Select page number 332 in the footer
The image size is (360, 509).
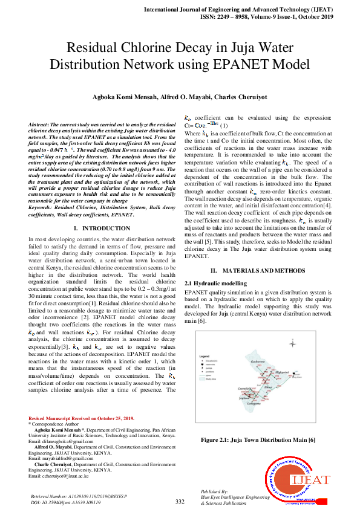pos(180,501)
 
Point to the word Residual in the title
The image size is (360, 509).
pos(93,48)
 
